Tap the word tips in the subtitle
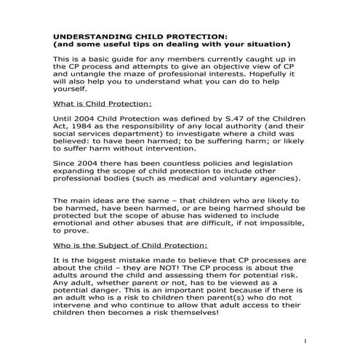(x=149, y=43)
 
